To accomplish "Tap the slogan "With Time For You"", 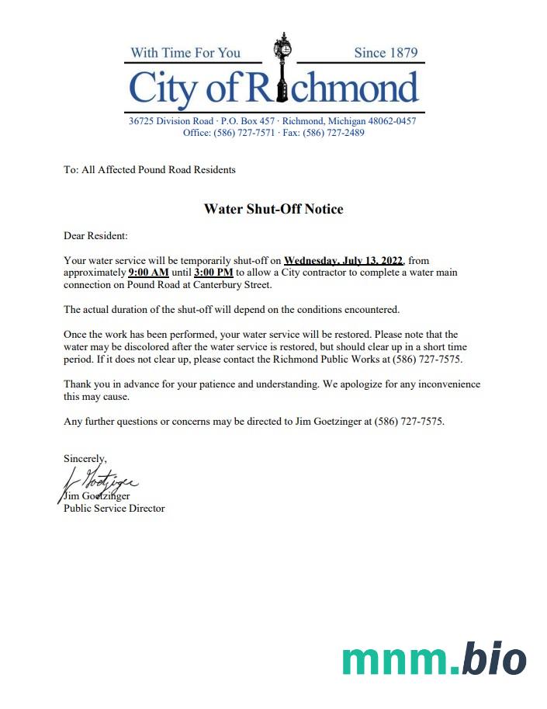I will (185, 53).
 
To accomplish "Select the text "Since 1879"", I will (386, 53).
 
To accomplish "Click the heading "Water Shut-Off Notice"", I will (273, 209).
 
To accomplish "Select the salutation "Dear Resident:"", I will (95, 235).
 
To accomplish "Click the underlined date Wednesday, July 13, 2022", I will (344, 261).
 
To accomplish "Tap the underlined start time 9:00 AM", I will (148, 273).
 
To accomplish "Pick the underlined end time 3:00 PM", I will (213, 273).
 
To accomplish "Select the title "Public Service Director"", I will (114, 509).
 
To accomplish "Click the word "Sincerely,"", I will (85, 459).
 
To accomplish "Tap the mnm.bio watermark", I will (434, 659).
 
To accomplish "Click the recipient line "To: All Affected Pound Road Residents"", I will (150, 169).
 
